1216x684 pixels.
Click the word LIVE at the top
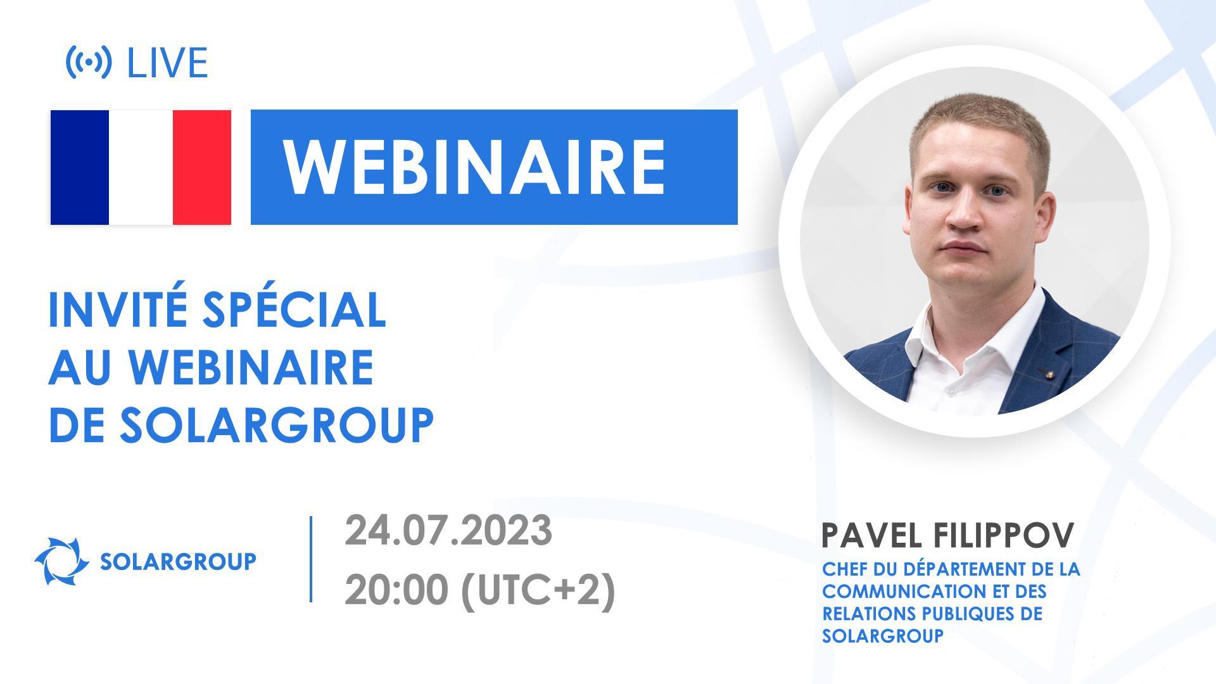click(168, 63)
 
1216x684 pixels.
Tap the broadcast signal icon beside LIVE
click(89, 62)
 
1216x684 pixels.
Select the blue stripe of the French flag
click(80, 167)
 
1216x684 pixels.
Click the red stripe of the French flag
click(201, 167)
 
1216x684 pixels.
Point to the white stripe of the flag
click(141, 167)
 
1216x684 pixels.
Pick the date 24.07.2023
click(448, 531)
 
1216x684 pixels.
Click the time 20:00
click(396, 590)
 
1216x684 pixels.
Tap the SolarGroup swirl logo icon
click(61, 561)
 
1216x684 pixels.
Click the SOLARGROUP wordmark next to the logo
click(179, 561)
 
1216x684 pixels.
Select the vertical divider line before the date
click(311, 559)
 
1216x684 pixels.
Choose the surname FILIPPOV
click(1004, 536)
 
